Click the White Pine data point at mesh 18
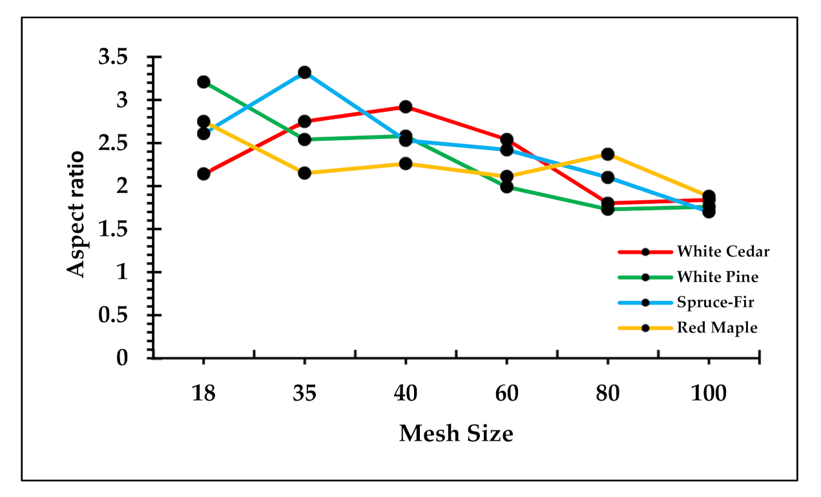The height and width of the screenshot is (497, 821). click(203, 82)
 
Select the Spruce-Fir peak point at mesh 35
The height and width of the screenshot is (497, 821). click(304, 72)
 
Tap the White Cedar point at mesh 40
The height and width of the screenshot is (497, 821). click(406, 107)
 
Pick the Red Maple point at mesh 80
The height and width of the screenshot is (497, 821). click(608, 154)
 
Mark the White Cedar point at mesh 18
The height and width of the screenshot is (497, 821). click(203, 174)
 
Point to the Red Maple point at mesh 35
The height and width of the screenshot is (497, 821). click(304, 173)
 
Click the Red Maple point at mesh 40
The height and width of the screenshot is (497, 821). click(406, 164)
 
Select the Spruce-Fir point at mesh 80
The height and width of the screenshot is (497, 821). click(608, 177)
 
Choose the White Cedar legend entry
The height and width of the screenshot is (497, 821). click(723, 252)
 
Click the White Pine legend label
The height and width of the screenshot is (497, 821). click(718, 277)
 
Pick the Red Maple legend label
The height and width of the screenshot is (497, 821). click(717, 327)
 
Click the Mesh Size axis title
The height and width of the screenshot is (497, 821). click(456, 433)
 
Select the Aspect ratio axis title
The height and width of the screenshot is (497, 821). click(77, 214)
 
